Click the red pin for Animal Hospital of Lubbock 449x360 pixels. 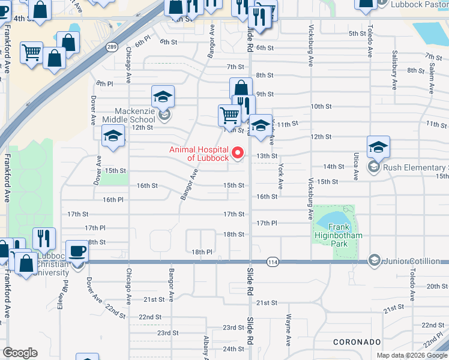(x=238, y=154)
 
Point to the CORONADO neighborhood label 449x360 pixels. (x=357, y=341)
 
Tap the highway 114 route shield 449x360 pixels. (x=273, y=262)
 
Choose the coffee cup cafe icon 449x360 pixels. (x=77, y=251)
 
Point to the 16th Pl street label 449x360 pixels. (x=113, y=199)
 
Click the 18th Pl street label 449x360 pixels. (x=202, y=251)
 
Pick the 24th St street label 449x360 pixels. (x=234, y=349)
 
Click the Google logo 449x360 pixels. (x=20, y=353)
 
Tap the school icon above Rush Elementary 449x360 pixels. (x=379, y=147)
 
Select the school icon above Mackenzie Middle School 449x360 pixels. (x=162, y=97)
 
